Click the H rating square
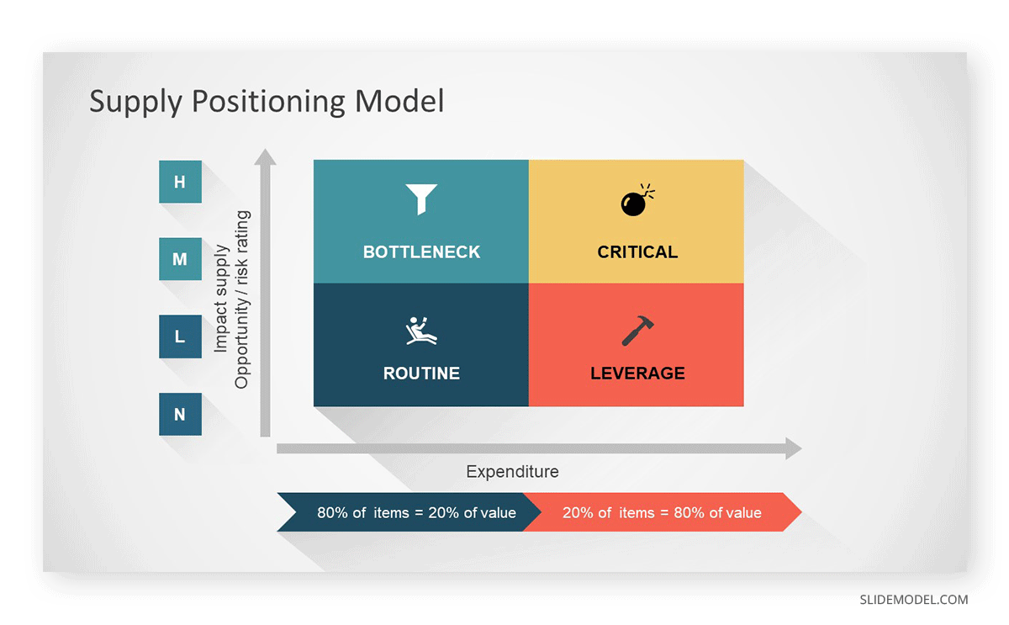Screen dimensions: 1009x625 tap(180, 182)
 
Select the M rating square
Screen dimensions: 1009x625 tap(180, 259)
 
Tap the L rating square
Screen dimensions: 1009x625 tap(180, 336)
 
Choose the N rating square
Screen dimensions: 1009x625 tap(180, 414)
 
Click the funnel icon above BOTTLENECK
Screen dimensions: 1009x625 tap(421, 199)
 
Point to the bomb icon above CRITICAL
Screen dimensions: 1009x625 tap(637, 199)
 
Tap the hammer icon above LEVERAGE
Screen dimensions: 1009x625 tap(637, 331)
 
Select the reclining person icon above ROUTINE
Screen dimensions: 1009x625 tap(421, 331)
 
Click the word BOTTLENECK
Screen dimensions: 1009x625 tap(421, 252)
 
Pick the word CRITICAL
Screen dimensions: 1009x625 tap(637, 252)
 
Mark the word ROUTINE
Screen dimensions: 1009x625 tap(421, 373)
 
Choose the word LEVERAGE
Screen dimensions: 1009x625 tap(637, 373)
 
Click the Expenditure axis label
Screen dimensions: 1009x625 tap(512, 472)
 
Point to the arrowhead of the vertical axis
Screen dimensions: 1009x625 tap(266, 156)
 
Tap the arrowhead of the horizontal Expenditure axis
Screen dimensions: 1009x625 tap(794, 448)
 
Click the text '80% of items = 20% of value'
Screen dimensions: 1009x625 tap(416, 513)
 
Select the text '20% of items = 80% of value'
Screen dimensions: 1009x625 tap(662, 513)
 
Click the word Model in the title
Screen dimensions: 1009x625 tap(399, 100)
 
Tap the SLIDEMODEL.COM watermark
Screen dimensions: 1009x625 tap(913, 600)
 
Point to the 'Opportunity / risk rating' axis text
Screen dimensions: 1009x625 tap(241, 299)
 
